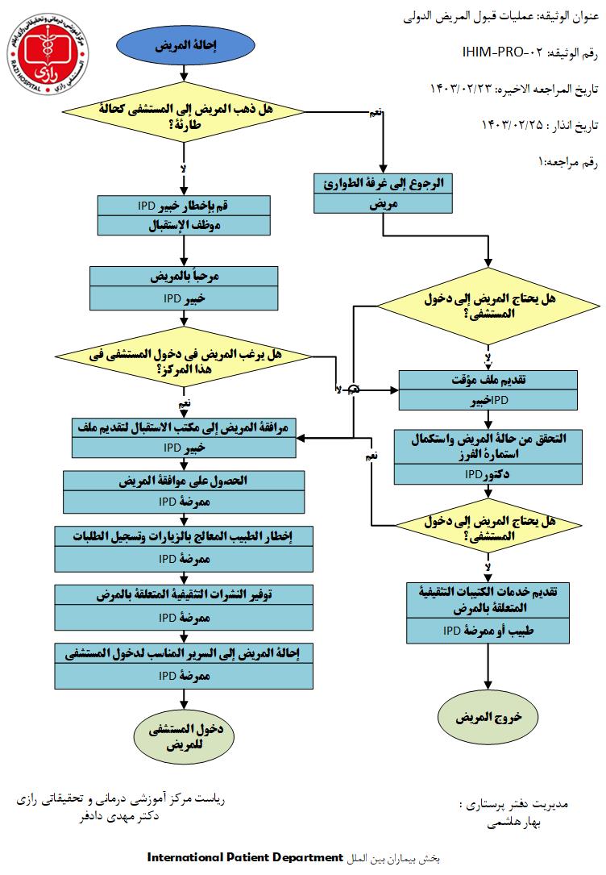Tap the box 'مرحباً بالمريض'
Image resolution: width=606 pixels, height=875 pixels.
point(185,276)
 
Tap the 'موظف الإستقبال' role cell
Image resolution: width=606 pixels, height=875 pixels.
point(185,225)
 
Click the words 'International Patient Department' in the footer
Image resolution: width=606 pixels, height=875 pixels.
point(245,856)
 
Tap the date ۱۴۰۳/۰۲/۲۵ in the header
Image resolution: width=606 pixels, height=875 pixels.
point(511,125)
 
